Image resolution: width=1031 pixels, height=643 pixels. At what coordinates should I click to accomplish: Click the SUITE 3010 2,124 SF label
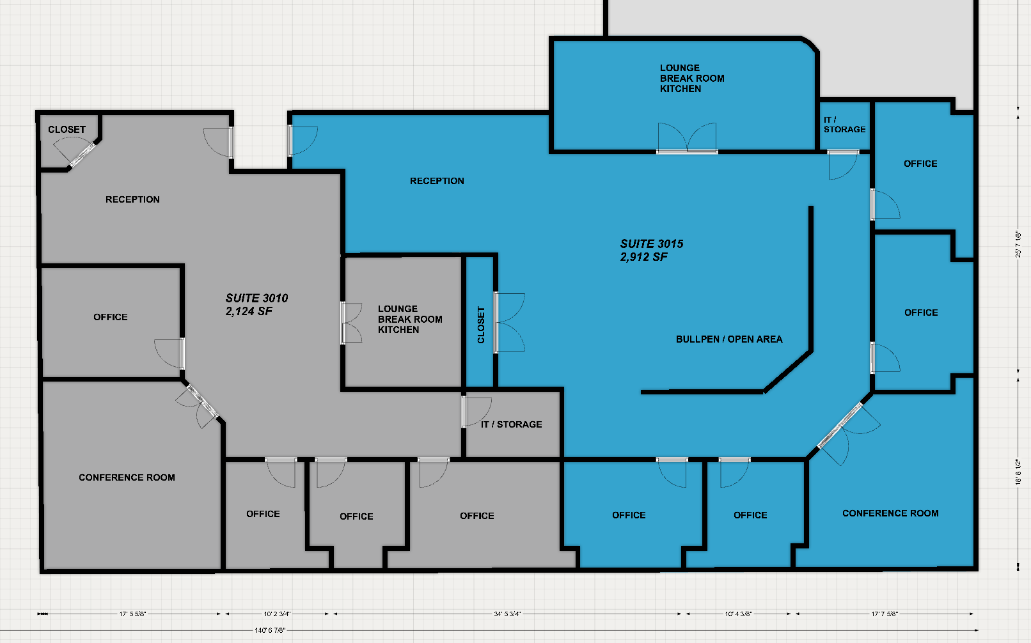[x=257, y=304]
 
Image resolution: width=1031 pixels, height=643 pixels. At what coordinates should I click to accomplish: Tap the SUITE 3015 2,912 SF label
[x=651, y=250]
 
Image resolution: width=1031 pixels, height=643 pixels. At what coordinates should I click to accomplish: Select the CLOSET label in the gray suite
[x=67, y=130]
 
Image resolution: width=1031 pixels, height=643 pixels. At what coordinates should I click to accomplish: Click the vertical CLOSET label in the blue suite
[x=481, y=325]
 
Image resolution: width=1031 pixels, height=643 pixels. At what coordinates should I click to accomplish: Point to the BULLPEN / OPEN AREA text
[x=729, y=339]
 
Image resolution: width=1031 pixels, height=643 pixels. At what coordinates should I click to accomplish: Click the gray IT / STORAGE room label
[x=512, y=424]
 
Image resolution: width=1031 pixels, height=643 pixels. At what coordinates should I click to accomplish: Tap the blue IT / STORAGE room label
[x=845, y=125]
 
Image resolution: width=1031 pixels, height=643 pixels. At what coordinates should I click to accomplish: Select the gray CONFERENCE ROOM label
[x=127, y=477]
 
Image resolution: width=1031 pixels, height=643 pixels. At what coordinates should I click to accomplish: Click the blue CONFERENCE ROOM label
[x=890, y=513]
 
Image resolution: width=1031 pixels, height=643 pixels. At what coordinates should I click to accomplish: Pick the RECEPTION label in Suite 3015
[x=437, y=182]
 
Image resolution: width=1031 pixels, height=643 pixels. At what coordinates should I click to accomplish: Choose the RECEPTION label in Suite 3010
[x=132, y=199]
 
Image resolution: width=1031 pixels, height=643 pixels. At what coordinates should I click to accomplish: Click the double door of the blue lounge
[x=687, y=138]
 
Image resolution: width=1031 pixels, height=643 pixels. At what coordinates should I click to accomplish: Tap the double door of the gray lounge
[x=351, y=323]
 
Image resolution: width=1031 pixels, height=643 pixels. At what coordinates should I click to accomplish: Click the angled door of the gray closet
[x=76, y=151]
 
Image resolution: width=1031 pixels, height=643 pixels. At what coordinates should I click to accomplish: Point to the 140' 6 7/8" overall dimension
[x=270, y=630]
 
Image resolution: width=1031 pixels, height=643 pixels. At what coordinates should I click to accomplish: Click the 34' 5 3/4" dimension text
[x=507, y=614]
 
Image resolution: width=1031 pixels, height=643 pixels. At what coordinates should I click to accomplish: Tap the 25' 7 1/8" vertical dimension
[x=1018, y=244]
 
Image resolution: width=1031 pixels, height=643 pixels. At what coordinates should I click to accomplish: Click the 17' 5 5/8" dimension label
[x=132, y=614]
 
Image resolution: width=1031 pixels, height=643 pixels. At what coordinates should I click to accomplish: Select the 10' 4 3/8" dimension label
[x=738, y=614]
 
